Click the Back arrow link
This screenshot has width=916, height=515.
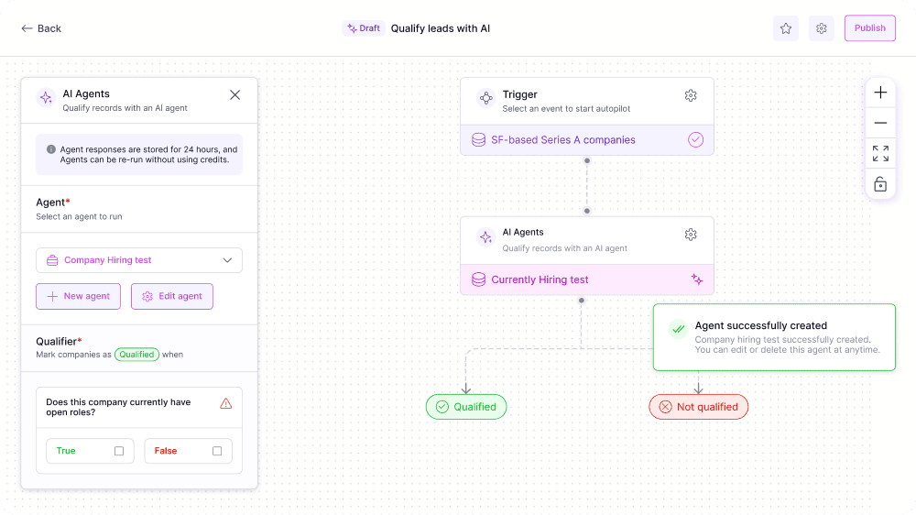[x=41, y=28]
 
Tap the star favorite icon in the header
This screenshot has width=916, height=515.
[x=786, y=28]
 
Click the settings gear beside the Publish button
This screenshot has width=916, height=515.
[x=822, y=28]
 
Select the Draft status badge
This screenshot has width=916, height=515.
[x=364, y=28]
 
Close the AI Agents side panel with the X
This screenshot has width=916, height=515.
[x=234, y=94]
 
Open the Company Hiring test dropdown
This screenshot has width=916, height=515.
[x=139, y=260]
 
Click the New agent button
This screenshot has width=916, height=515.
[x=78, y=296]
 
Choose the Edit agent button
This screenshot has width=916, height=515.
[x=172, y=296]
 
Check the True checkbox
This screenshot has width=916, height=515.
[x=119, y=451]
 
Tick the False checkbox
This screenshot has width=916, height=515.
[x=217, y=451]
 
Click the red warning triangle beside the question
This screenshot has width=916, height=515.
[x=226, y=403]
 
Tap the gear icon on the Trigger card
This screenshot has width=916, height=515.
[x=691, y=95]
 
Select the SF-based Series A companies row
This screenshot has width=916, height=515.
[x=587, y=139]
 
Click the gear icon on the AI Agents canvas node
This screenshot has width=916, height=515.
[x=691, y=235]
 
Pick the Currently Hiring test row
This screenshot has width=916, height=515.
[x=587, y=279]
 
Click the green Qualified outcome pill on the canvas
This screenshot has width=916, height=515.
[x=466, y=407]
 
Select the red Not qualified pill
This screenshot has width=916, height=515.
[x=699, y=407]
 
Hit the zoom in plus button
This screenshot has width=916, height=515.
[x=880, y=93]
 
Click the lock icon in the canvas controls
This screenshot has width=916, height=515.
[x=880, y=184]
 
